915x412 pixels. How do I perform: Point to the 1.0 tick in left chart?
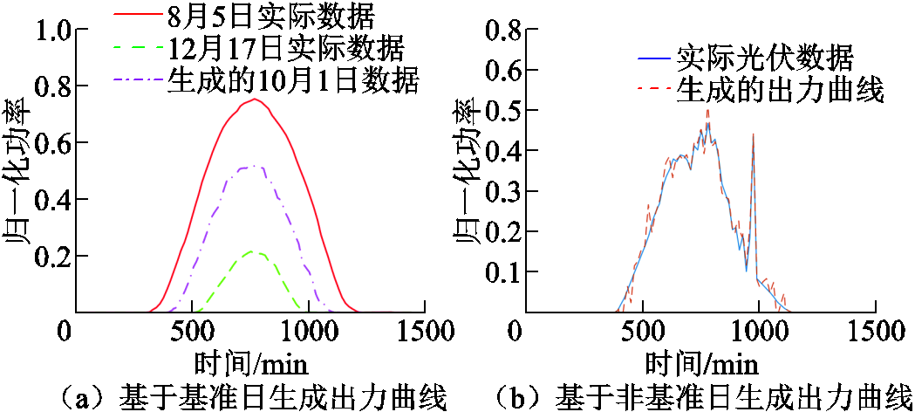pos(53,31)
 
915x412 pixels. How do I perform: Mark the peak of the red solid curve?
pos(254,99)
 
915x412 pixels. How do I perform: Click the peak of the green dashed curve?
pos(252,251)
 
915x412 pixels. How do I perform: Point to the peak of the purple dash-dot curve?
pos(253,165)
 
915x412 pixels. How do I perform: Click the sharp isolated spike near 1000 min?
pos(753,134)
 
